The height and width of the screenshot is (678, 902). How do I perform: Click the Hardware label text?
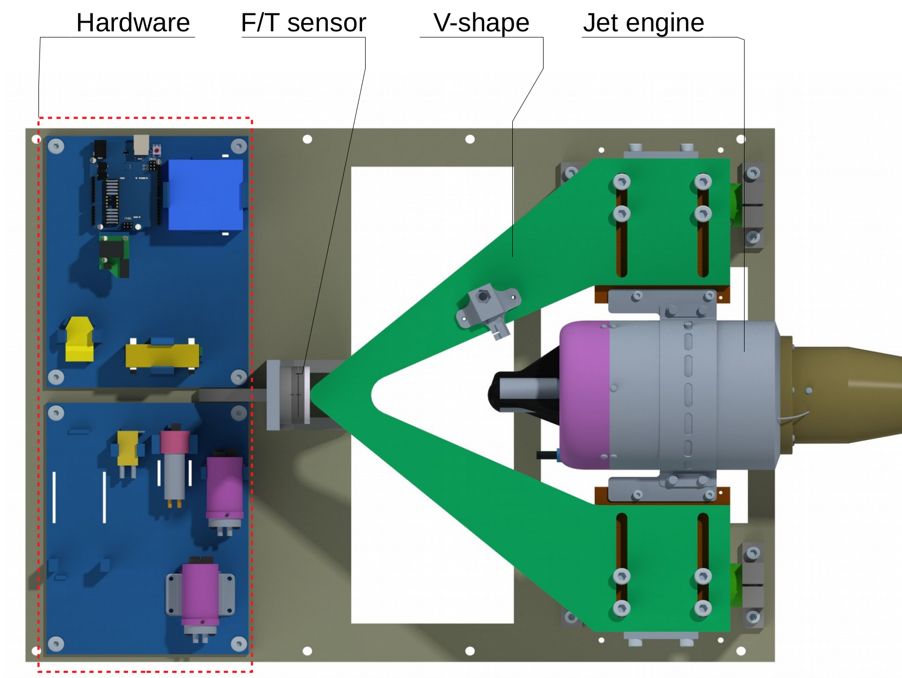133,23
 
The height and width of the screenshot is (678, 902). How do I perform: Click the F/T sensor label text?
303,23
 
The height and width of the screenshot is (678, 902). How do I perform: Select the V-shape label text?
480,23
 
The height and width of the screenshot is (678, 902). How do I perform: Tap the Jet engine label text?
643,23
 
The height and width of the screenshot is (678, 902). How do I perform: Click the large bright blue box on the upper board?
205,195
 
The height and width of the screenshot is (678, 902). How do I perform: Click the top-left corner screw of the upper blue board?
56,146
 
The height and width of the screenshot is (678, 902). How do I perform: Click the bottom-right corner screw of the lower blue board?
238,643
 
